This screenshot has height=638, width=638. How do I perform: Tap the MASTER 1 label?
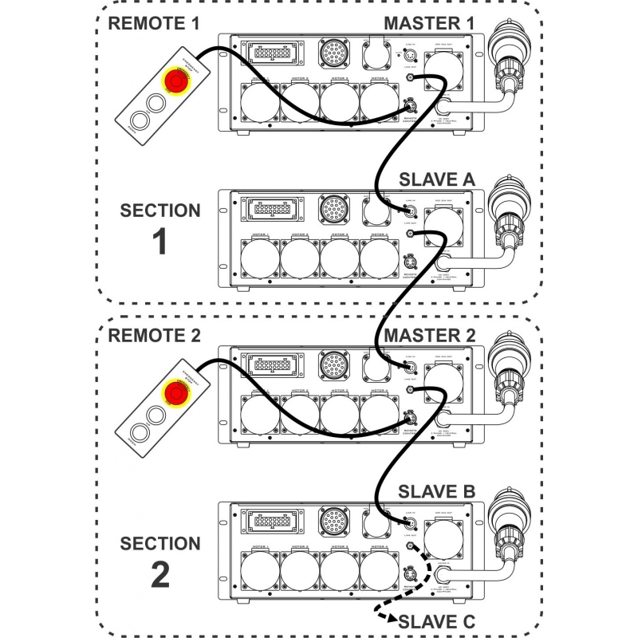pos(428,23)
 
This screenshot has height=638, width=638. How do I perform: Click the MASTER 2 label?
pos(428,335)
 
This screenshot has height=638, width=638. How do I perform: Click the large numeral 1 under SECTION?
pos(159,242)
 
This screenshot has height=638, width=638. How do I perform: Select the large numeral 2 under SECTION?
pos(159,574)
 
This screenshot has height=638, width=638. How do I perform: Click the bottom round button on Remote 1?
pos(140,121)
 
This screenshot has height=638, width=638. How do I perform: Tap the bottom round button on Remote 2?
pos(140,433)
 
